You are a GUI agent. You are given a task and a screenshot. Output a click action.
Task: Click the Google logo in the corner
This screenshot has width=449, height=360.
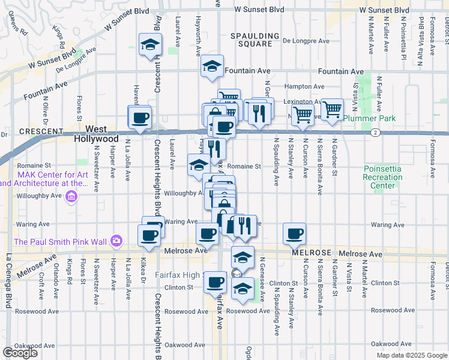coord(20,353)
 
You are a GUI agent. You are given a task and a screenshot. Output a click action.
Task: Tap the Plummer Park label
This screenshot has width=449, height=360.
coord(370,118)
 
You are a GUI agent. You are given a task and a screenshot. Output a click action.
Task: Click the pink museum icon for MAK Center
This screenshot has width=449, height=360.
coord(72,196)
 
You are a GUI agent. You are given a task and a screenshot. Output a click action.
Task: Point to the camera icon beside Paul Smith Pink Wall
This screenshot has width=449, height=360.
coord(115,242)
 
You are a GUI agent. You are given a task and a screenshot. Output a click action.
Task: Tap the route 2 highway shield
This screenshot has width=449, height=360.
coord(375,132)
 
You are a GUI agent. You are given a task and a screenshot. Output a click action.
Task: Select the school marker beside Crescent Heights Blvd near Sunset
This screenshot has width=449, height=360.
coord(150,45)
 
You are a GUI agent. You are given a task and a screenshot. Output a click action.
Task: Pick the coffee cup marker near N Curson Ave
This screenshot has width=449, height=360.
coord(294,234)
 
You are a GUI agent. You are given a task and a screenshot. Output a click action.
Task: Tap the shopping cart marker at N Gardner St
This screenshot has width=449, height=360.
coord(332,110)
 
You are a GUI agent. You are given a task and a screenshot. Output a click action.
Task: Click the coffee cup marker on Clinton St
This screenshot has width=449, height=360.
coord(215,282)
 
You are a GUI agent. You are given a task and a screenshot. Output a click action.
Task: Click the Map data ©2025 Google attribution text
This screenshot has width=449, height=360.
coord(412,355)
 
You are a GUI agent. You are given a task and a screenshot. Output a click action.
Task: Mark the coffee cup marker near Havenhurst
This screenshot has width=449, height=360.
coord(140,117)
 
